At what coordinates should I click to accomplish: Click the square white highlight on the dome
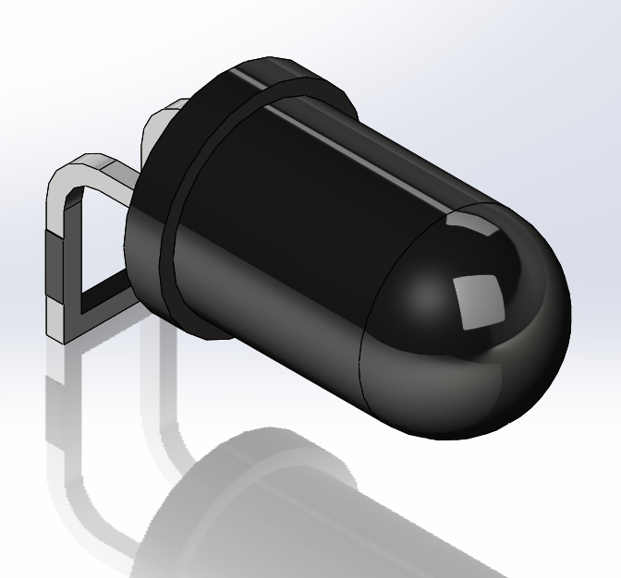tap(480, 300)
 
